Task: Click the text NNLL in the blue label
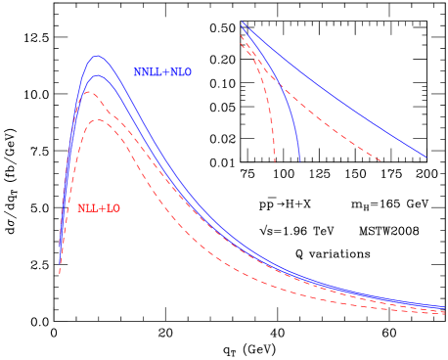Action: click(145, 72)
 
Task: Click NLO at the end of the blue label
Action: click(181, 72)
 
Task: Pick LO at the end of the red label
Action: click(113, 208)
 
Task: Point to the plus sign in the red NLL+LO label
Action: click(103, 208)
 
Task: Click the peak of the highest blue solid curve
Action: click(97, 56)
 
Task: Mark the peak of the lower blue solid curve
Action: click(96, 75)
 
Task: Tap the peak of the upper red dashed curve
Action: click(88, 92)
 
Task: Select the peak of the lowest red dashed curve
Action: click(98, 120)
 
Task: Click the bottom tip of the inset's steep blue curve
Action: click(299, 159)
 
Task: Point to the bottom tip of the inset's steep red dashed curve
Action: click(275, 161)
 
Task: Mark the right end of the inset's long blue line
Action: click(426, 157)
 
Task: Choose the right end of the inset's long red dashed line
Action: click(381, 161)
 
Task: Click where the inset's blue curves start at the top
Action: click(242, 22)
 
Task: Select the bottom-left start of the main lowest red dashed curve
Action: click(60, 273)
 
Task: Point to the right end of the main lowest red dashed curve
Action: click(445, 314)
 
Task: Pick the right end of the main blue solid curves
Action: click(445, 306)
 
